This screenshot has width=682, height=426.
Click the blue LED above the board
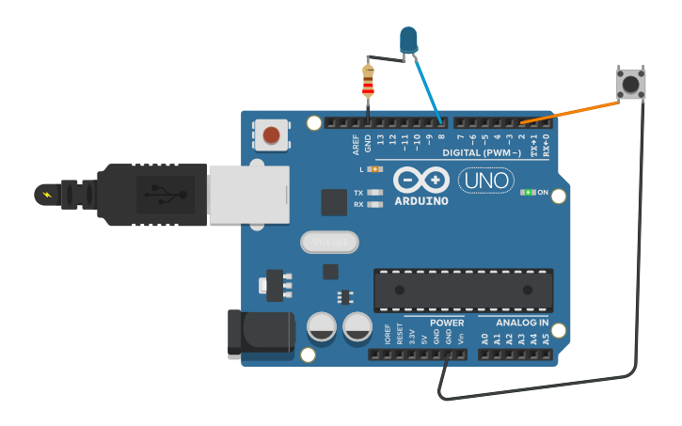point(408,39)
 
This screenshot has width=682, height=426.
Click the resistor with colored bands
point(368,82)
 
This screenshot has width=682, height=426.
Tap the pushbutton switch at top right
point(630,84)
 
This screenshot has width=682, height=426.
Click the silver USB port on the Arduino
point(248,195)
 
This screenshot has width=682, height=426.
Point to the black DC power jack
point(261,334)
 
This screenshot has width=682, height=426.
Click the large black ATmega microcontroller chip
point(463,290)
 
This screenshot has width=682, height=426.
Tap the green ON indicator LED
point(529,192)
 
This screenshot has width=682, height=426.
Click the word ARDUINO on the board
point(421,201)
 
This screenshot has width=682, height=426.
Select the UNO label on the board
point(485,181)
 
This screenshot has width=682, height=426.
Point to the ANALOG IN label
point(522,323)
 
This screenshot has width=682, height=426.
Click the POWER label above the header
point(447,323)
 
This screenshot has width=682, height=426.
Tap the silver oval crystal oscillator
point(329,243)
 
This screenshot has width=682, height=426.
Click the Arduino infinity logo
point(421,180)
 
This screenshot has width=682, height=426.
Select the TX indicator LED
point(375,193)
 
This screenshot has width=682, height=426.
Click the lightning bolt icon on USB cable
point(45,194)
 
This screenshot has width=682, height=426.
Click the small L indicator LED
point(375,169)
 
